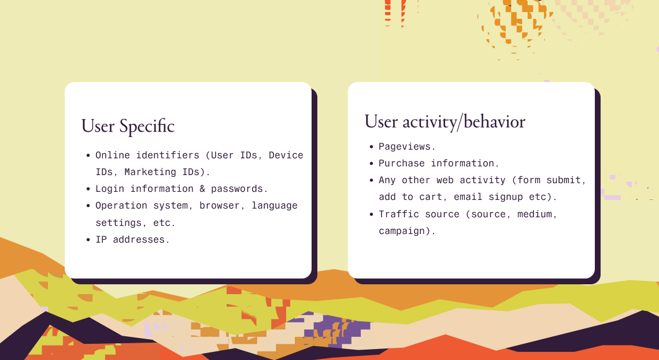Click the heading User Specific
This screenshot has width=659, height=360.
coord(128,127)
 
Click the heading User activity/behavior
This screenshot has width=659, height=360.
coord(445,122)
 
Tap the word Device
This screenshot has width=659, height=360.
coord(286,155)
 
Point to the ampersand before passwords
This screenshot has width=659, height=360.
coord(202,189)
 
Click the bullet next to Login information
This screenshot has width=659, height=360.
coord(88,189)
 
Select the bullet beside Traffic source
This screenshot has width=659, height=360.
coord(371,214)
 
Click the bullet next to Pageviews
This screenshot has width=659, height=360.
coord(371,147)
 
